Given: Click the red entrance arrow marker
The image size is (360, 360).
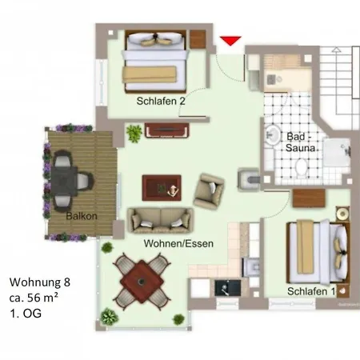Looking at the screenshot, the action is point(230,41).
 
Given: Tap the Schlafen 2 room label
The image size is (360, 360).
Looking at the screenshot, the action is point(161,101).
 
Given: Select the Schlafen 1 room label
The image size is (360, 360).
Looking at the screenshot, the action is point(311,291).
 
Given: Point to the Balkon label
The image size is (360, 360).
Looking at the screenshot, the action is point(82,216).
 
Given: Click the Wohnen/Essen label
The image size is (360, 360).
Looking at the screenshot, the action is point(178,243).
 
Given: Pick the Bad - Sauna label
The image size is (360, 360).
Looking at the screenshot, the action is point(300,142).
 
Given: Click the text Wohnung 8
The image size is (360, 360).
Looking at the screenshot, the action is point(40,282).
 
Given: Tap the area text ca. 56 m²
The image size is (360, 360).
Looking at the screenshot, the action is point(34,298).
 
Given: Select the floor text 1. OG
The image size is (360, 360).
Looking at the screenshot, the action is point(26,313).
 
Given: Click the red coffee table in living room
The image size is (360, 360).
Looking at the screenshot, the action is point(162,188).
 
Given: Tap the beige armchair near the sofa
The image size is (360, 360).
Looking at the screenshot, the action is point(209,191).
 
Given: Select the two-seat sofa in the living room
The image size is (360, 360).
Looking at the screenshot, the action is point(161,221).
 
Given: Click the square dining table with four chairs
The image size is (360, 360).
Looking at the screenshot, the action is point(142,282).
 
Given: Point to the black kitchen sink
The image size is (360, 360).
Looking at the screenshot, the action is point(228,288).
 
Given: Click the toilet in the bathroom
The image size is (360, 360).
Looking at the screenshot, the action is point(302,166).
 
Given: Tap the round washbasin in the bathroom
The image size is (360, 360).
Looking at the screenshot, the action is point(272,134).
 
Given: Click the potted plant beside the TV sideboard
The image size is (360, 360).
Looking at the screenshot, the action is point(134,133).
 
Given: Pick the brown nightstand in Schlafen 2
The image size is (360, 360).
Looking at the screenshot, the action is point(198,39).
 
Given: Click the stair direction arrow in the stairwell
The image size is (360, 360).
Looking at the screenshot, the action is point(337,50).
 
